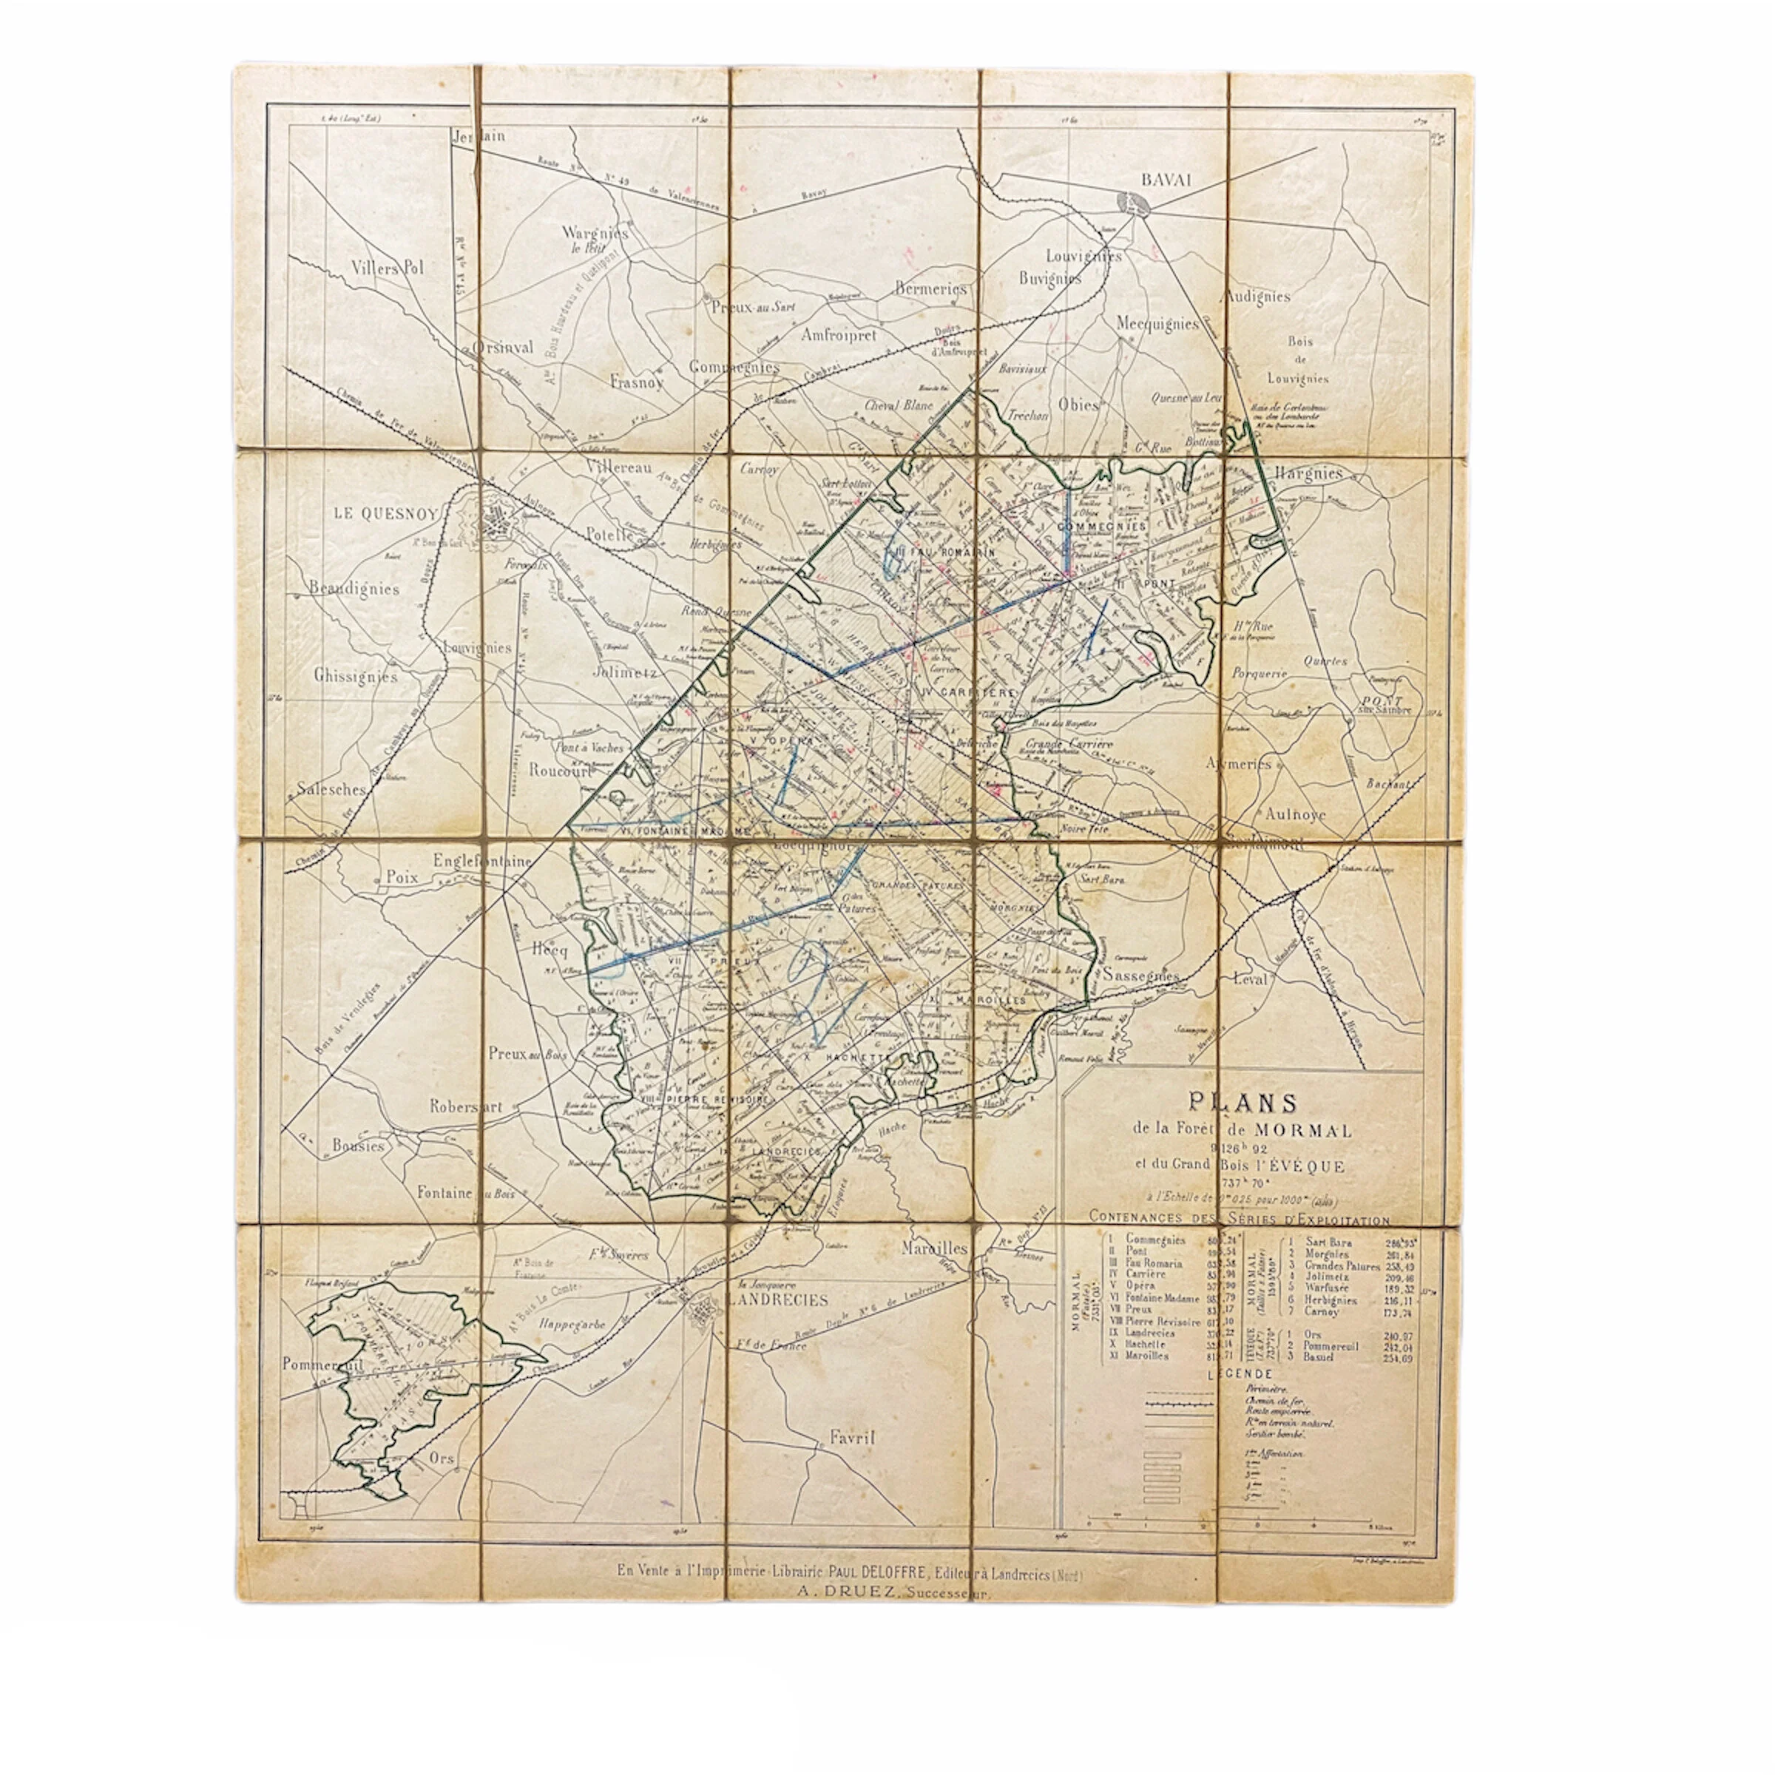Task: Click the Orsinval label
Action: (503, 348)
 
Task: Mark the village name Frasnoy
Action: (636, 382)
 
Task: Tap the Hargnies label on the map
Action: (1308, 474)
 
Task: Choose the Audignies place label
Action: (1256, 297)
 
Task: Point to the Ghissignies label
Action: (356, 676)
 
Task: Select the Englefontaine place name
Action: (483, 862)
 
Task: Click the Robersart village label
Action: (466, 1107)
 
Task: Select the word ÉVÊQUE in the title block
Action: (1308, 1167)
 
